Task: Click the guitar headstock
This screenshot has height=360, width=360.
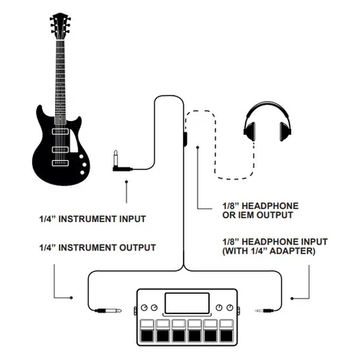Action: coord(61,25)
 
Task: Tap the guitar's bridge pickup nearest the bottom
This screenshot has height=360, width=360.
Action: coord(61,162)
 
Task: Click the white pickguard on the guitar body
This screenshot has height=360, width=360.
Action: coord(74,142)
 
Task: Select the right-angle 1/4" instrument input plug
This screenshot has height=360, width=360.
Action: coord(121,163)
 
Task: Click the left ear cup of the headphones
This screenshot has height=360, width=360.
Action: coord(250,131)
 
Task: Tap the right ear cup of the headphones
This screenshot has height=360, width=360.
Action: coord(285,131)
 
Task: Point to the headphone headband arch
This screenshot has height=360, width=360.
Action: coord(267,109)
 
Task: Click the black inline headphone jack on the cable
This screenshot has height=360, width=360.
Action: coord(185,139)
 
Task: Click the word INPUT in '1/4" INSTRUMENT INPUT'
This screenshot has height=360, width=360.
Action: coord(133,219)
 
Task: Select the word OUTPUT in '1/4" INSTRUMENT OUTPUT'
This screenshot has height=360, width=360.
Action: coord(139,247)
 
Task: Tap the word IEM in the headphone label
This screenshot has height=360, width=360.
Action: coord(247,215)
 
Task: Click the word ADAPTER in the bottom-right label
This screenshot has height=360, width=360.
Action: coord(293,251)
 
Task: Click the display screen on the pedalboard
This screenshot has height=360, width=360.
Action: coord(187,303)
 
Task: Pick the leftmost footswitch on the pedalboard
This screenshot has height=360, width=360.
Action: coord(148,331)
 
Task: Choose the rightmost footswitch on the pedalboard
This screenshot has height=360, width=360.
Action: coord(227,331)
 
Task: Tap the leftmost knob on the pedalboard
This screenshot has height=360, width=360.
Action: coord(144,308)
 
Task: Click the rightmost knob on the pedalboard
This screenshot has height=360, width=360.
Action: coord(230,308)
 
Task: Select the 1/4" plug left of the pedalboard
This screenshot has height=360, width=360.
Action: coord(108,311)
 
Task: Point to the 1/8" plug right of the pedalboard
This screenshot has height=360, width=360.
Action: coord(264,311)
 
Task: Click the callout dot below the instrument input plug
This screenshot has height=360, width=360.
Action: coord(126,182)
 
